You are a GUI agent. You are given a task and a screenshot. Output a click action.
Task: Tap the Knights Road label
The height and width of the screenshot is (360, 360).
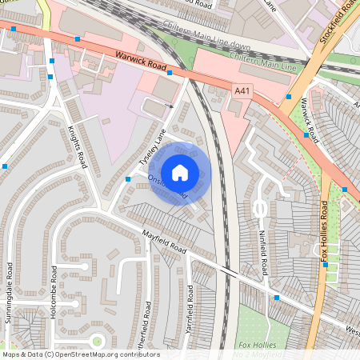pyautogui.click(x=75, y=145)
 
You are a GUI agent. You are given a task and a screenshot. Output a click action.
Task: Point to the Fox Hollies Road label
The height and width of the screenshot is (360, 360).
pyautogui.click(x=325, y=232)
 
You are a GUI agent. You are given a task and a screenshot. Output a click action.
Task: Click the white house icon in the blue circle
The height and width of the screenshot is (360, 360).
pyautogui.click(x=180, y=173)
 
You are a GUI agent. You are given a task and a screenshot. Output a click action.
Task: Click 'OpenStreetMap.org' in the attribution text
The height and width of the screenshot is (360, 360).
pyautogui.click(x=97, y=354)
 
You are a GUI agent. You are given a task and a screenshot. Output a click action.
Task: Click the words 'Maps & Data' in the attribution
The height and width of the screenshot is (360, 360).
pyautogui.click(x=21, y=354)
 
